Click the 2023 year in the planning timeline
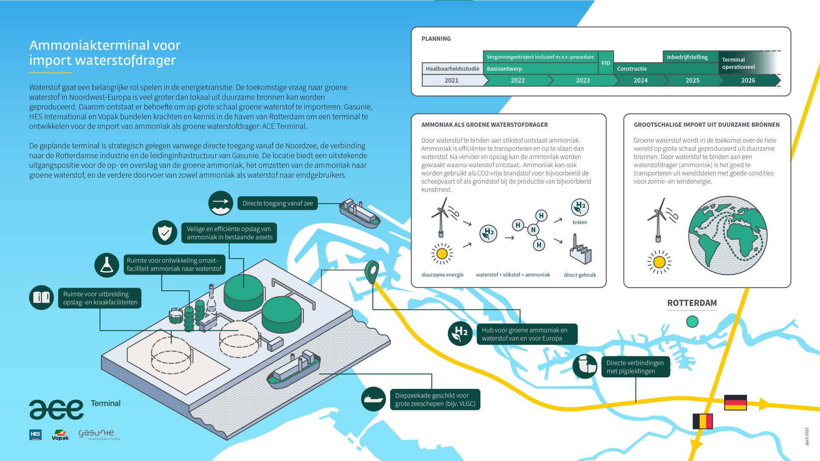[583, 80]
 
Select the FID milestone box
[606, 63]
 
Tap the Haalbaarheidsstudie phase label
[452, 68]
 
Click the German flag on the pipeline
[735, 403]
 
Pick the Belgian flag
[703, 421]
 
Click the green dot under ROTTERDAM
[692, 321]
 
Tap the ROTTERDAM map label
[692, 303]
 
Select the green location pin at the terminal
[372, 271]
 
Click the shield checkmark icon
[165, 233]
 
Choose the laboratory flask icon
[107, 265]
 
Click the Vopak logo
[60, 435]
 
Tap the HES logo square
[35, 435]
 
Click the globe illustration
[727, 235]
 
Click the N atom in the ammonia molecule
[533, 230]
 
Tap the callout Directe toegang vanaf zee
[278, 203]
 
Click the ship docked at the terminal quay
[294, 369]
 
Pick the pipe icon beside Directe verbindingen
[585, 366]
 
